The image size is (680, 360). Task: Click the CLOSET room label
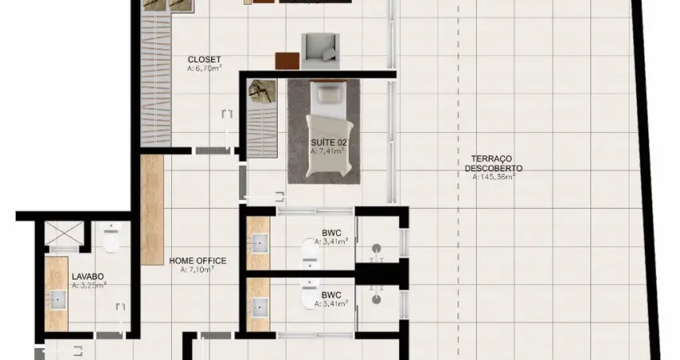(204, 59)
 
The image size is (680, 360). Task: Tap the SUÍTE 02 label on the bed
(328, 142)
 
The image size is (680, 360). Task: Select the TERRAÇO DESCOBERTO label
(494, 163)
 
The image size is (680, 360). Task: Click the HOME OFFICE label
(198, 261)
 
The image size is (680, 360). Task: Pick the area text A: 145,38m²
(494, 178)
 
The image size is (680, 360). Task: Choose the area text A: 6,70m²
(204, 70)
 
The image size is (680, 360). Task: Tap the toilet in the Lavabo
(110, 238)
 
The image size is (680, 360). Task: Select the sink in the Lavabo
(58, 300)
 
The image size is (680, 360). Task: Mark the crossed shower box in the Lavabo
(65, 233)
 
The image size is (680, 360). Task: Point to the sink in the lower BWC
(259, 305)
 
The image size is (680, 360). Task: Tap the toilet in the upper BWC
(310, 254)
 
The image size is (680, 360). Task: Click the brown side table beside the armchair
(286, 60)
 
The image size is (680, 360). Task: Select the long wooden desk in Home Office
(151, 209)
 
